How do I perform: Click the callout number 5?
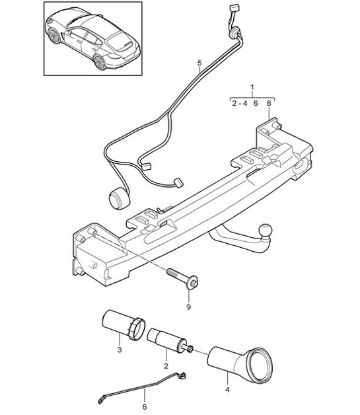pos(198,63)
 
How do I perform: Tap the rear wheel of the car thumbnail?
pos(100,63)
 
